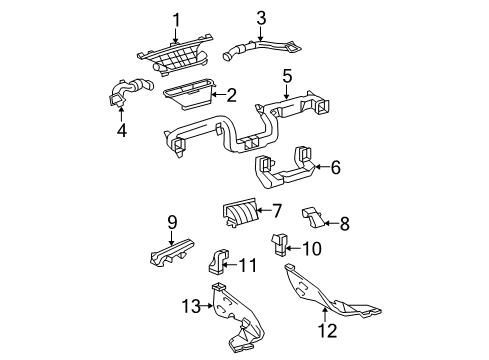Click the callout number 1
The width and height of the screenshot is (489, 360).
point(176,20)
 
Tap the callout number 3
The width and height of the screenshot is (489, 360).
point(261,18)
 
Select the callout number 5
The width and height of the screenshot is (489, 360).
point(287,76)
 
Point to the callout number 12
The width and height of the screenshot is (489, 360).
point(327,330)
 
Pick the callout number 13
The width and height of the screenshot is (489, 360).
point(191,306)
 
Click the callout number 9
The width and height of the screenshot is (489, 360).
point(172,222)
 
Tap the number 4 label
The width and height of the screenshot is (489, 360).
point(122,130)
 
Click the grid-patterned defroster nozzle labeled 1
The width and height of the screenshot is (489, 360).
point(175,56)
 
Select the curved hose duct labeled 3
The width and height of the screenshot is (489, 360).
point(261,50)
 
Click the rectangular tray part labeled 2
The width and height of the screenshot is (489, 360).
point(188,96)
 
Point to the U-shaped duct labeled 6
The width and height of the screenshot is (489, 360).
point(284,169)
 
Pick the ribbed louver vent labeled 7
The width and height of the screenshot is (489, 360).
point(240,212)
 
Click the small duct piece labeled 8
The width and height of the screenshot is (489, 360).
point(313,217)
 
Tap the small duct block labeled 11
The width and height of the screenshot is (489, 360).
point(218,261)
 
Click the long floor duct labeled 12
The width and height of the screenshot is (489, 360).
point(329,294)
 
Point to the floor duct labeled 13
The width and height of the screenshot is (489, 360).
point(237,317)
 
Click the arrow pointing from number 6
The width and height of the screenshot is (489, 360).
point(322,166)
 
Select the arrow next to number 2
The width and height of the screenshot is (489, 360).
point(219,95)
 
